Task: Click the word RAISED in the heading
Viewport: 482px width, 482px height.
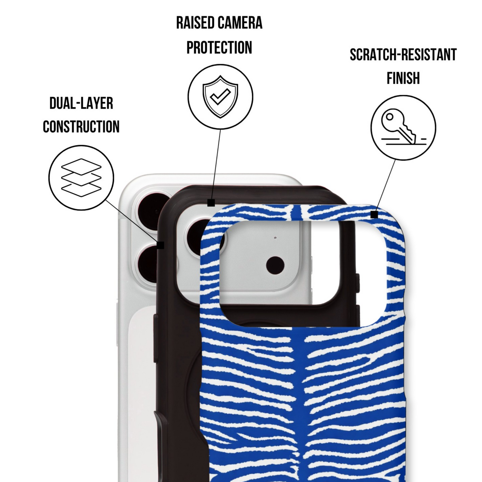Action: [x=195, y=23]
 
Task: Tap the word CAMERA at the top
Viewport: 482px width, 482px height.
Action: [x=240, y=23]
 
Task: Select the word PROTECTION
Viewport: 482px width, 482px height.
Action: [x=219, y=47]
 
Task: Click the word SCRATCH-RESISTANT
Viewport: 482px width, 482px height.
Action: [x=403, y=55]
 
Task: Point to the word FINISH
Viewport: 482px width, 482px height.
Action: [x=403, y=78]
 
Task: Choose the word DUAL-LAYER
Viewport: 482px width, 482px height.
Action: [x=81, y=103]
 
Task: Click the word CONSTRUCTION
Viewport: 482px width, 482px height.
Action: [x=81, y=126]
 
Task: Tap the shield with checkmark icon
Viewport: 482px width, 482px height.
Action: [x=220, y=97]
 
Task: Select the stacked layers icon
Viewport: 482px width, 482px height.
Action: [x=81, y=177]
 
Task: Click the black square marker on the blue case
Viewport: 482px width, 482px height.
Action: [x=374, y=214]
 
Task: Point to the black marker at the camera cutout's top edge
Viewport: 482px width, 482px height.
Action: [x=211, y=203]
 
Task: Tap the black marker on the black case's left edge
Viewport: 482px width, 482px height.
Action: [x=160, y=245]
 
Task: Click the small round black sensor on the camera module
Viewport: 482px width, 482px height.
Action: [x=275, y=265]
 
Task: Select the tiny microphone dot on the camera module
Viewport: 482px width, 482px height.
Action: [x=276, y=237]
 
